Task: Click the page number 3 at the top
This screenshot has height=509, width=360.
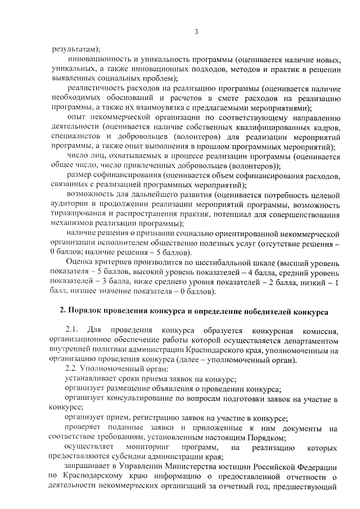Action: pyautogui.click(x=196, y=31)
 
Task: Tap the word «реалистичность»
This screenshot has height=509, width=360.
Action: pyautogui.click(x=92, y=88)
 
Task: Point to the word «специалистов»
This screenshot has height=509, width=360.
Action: pyautogui.click(x=73, y=137)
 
